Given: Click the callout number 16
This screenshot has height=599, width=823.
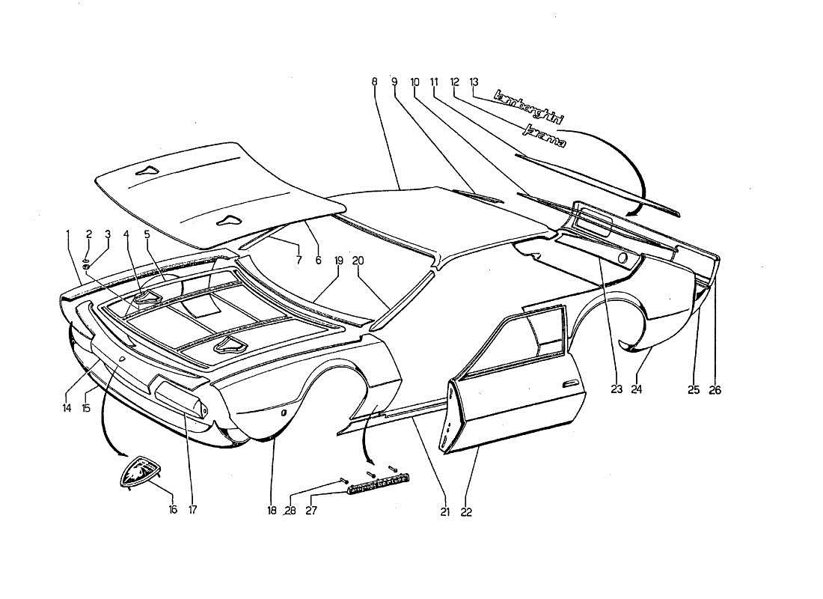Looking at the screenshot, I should coord(173,510).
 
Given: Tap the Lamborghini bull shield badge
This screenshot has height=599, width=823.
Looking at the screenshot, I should coord(141,473).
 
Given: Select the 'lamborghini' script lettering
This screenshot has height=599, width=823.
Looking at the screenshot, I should coord(530,106).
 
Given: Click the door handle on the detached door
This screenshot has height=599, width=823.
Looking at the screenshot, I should coord(574,383).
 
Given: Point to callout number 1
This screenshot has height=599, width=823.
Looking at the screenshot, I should coord(68,234).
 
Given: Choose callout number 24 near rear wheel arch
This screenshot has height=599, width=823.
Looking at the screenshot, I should coord(637,389).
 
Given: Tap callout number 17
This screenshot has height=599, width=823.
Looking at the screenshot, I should coord(192,510).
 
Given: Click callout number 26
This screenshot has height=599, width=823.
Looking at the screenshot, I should coord(715,389).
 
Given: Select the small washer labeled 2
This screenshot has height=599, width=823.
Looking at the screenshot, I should coord(88,253).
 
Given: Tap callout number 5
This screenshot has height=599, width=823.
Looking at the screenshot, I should coord(147,234).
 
